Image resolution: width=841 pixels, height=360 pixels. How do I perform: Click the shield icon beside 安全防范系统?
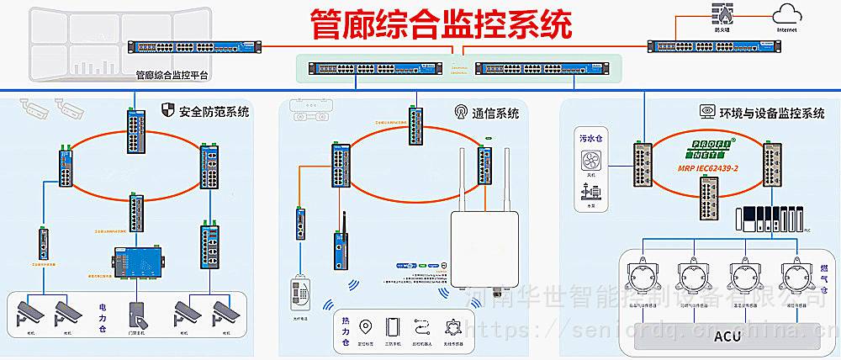pos(167,110)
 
